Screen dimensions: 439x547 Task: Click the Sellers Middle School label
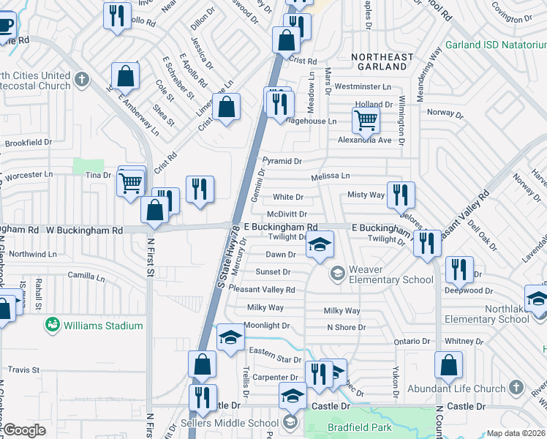238,422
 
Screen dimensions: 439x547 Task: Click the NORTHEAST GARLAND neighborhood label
378,61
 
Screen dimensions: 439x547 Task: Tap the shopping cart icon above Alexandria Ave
365,119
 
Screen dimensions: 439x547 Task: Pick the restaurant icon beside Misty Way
400,195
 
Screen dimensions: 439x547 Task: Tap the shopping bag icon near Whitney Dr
448,364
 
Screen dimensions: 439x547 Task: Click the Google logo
24,430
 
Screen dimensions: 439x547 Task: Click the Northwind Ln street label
30,254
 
